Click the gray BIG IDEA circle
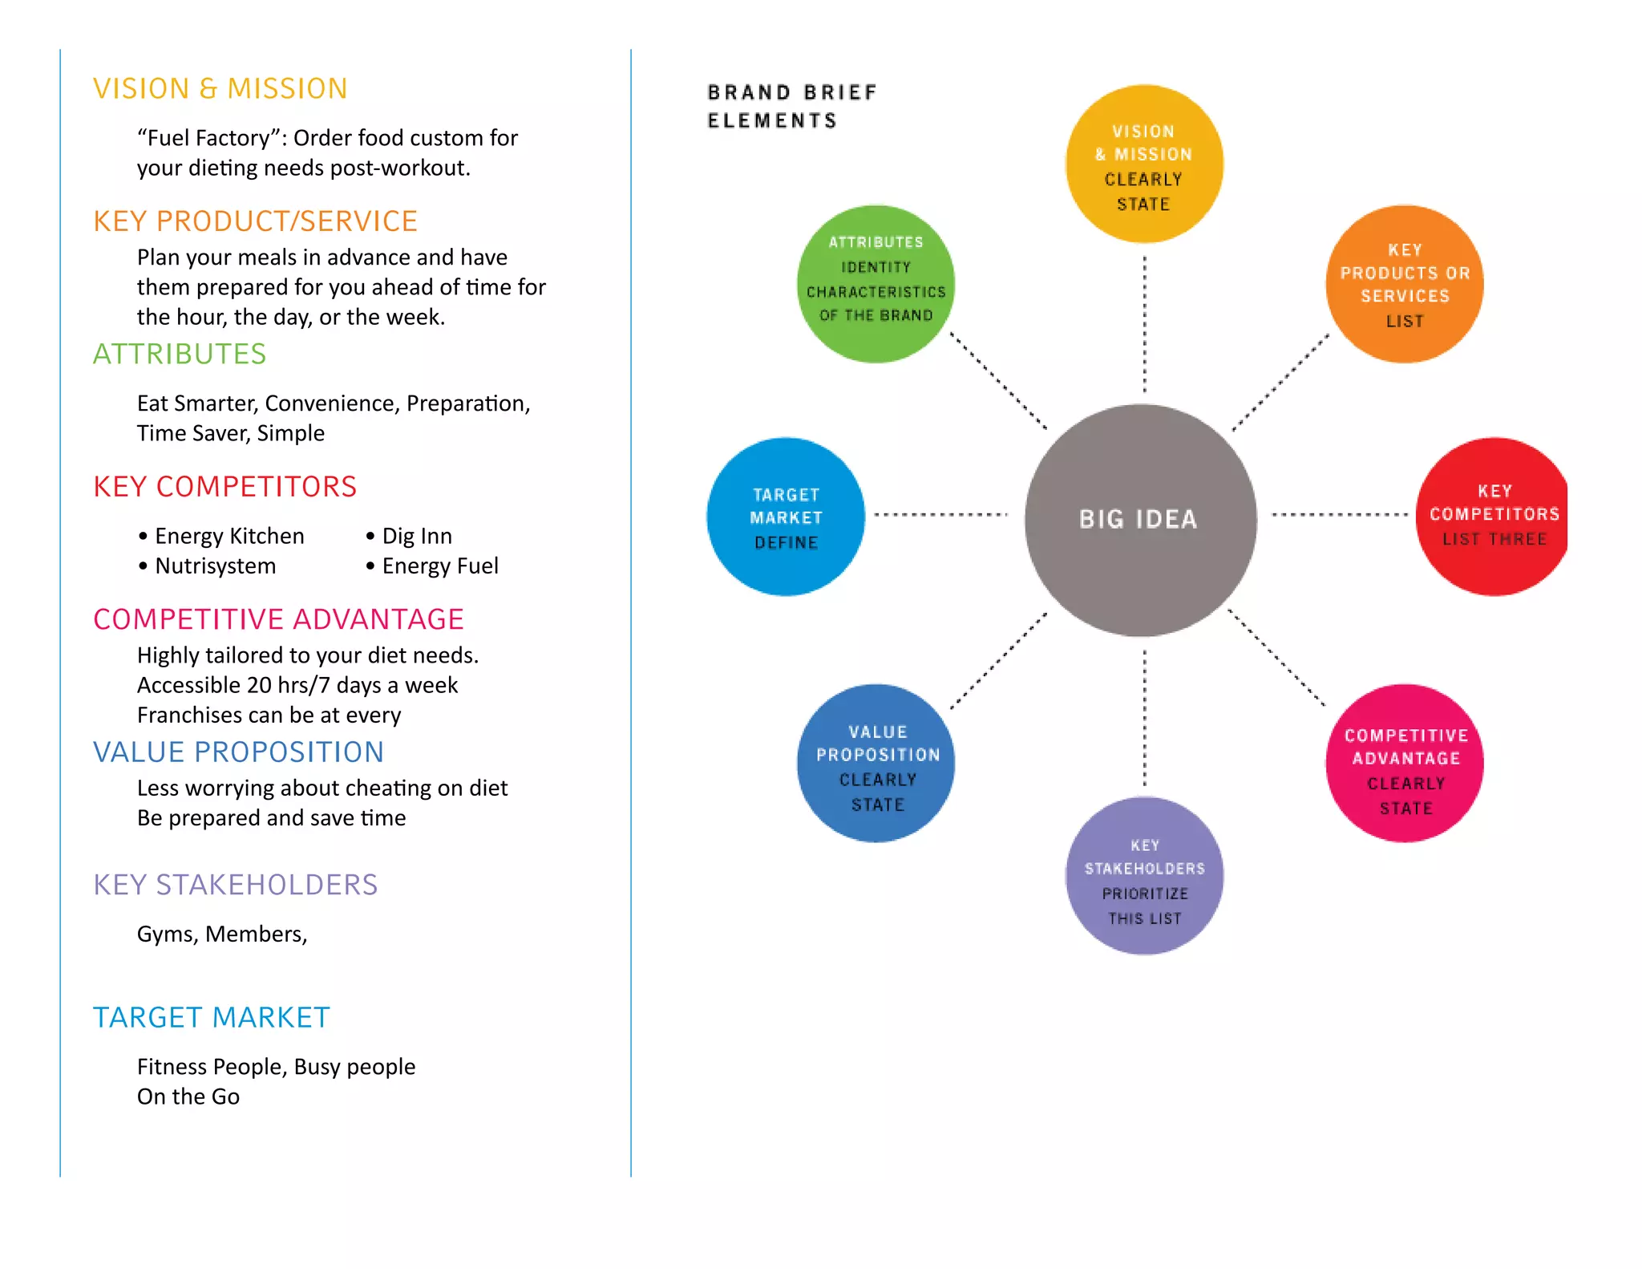1140,520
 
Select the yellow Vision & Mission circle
1144,164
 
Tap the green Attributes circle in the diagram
876,284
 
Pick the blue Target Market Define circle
786,517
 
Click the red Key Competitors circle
1493,517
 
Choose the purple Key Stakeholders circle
1144,876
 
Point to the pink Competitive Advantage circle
1405,763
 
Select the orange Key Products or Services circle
1405,284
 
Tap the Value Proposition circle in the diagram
876,763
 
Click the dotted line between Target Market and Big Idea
940,514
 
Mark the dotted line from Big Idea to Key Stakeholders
1144,718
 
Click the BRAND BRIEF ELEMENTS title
791,106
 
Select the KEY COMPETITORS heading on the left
224,486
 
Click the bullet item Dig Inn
417,536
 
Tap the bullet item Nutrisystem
215,566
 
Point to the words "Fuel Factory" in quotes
204,138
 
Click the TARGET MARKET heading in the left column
212,1017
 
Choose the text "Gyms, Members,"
222,935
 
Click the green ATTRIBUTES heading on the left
180,354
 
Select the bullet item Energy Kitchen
229,536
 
